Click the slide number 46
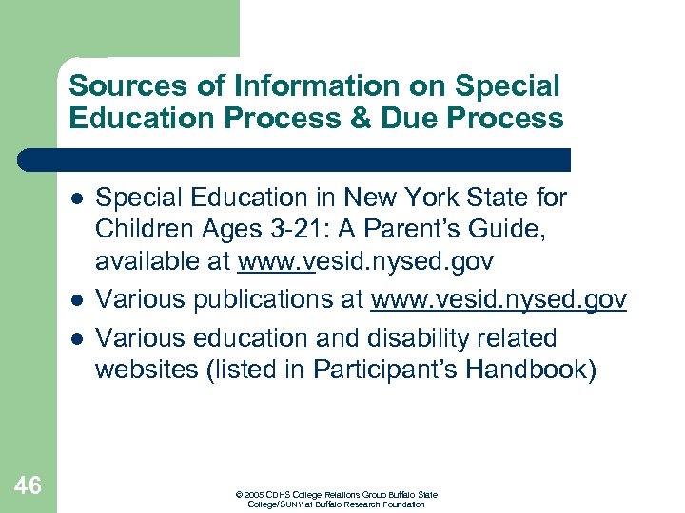pos(29,485)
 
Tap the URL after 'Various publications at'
pos(499,300)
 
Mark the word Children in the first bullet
pos(143,230)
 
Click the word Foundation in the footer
pos(403,503)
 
